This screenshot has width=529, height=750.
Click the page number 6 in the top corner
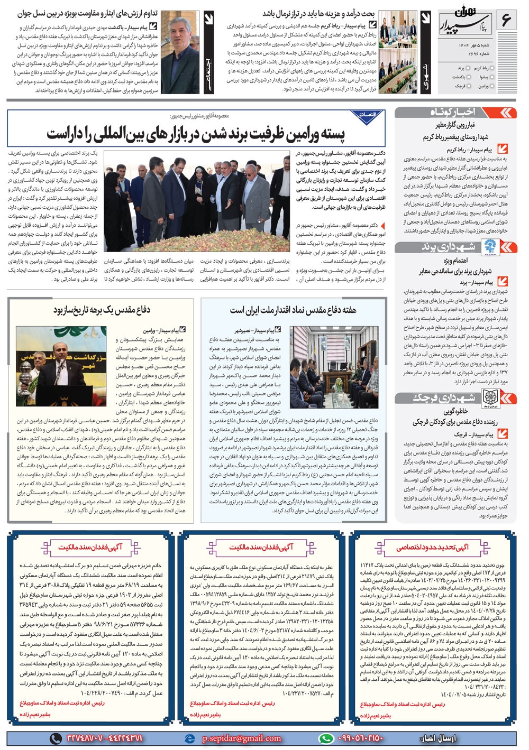505,21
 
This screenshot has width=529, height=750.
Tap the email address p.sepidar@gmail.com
241,738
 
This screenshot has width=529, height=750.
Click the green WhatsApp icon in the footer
326,738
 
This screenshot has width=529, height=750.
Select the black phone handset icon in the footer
56,738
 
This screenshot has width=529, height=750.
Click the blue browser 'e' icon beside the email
190,738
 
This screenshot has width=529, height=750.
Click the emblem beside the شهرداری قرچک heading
491,398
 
